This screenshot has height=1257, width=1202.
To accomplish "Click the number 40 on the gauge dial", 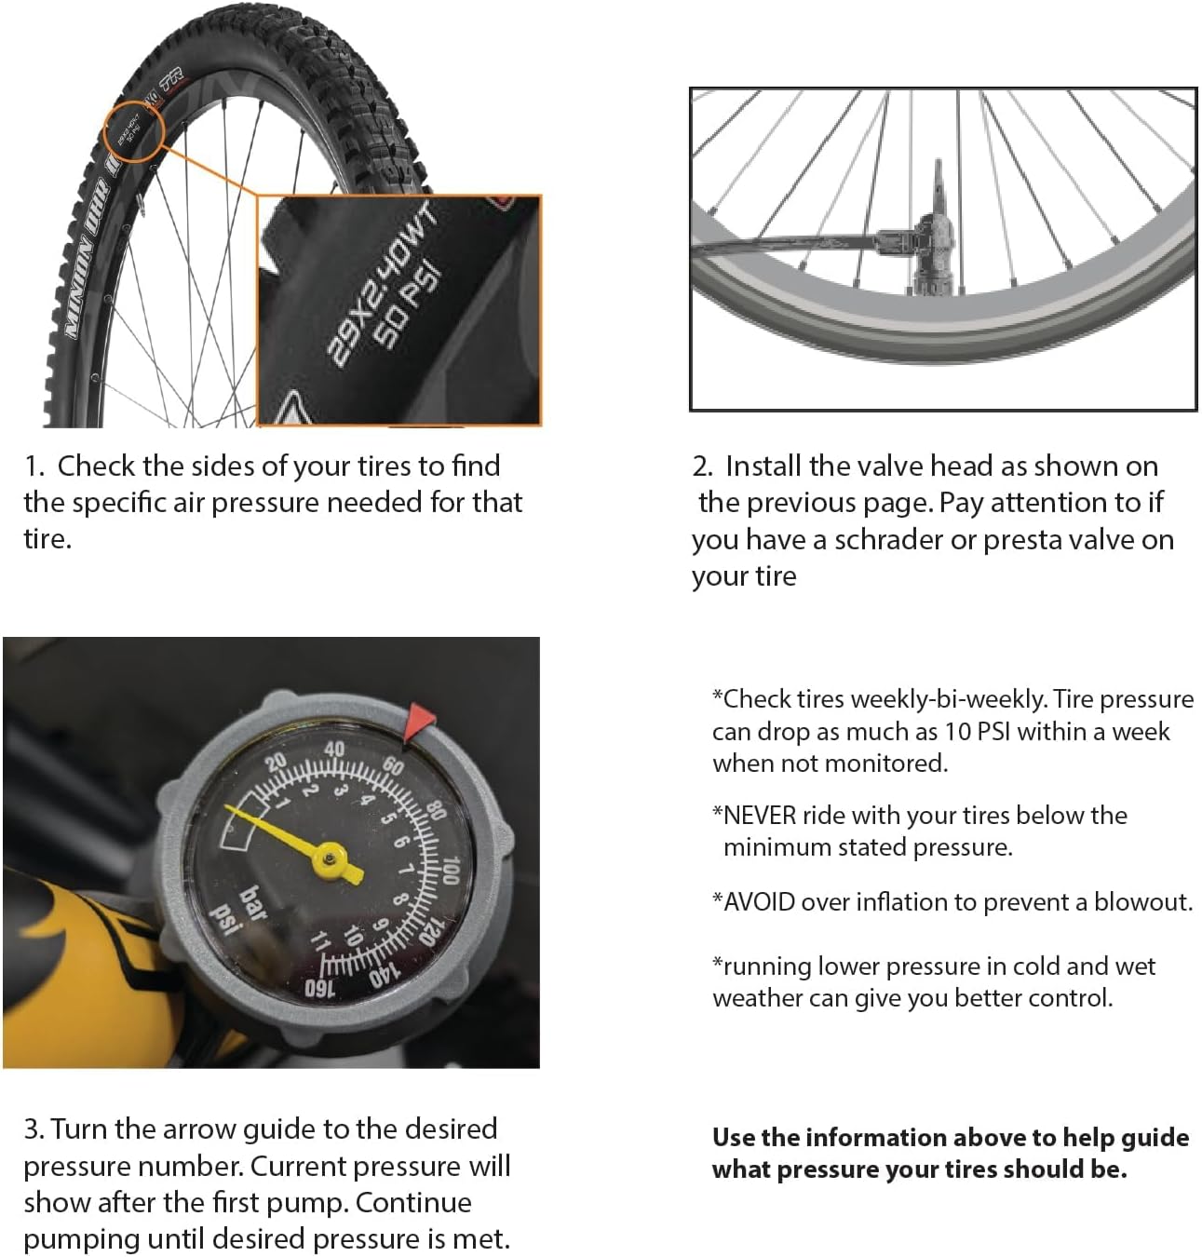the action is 334,750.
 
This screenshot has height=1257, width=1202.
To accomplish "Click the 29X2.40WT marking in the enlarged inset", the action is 381,284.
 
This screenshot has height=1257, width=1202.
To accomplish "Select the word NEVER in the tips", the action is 760,815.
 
